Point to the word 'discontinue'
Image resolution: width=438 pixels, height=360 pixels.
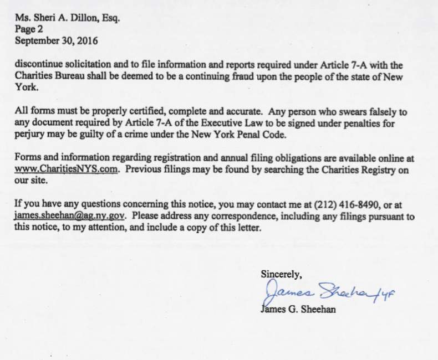(x=39, y=64)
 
